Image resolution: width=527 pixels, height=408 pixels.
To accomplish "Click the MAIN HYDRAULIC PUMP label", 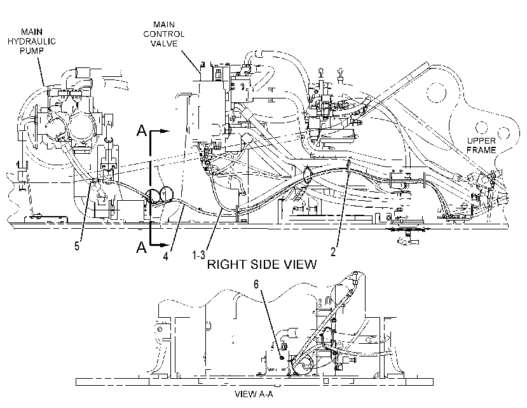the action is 32,41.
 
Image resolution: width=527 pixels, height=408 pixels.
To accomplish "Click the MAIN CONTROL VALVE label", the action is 164,34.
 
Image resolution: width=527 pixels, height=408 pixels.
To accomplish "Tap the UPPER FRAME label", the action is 481,145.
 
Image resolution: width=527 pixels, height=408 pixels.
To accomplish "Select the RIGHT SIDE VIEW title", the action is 262,264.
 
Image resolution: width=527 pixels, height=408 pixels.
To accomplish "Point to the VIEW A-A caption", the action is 254,394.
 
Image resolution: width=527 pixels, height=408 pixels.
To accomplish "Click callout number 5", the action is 77,246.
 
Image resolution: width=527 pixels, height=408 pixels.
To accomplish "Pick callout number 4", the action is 166,255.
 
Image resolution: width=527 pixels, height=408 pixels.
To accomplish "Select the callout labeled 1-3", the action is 198,254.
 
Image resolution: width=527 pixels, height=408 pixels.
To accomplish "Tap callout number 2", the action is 333,252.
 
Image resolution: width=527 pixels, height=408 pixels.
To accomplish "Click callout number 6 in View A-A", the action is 256,284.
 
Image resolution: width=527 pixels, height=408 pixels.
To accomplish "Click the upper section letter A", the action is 142,130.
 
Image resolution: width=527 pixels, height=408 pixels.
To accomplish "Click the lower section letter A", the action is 142,247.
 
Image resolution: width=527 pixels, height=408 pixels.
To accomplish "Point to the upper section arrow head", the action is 164,131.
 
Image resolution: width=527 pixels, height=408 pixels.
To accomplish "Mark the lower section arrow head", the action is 164,245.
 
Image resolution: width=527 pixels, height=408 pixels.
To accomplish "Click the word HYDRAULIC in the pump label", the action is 32,41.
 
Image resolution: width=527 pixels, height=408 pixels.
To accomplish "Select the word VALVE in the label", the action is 164,44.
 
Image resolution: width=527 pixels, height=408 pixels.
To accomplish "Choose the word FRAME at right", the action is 481,150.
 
